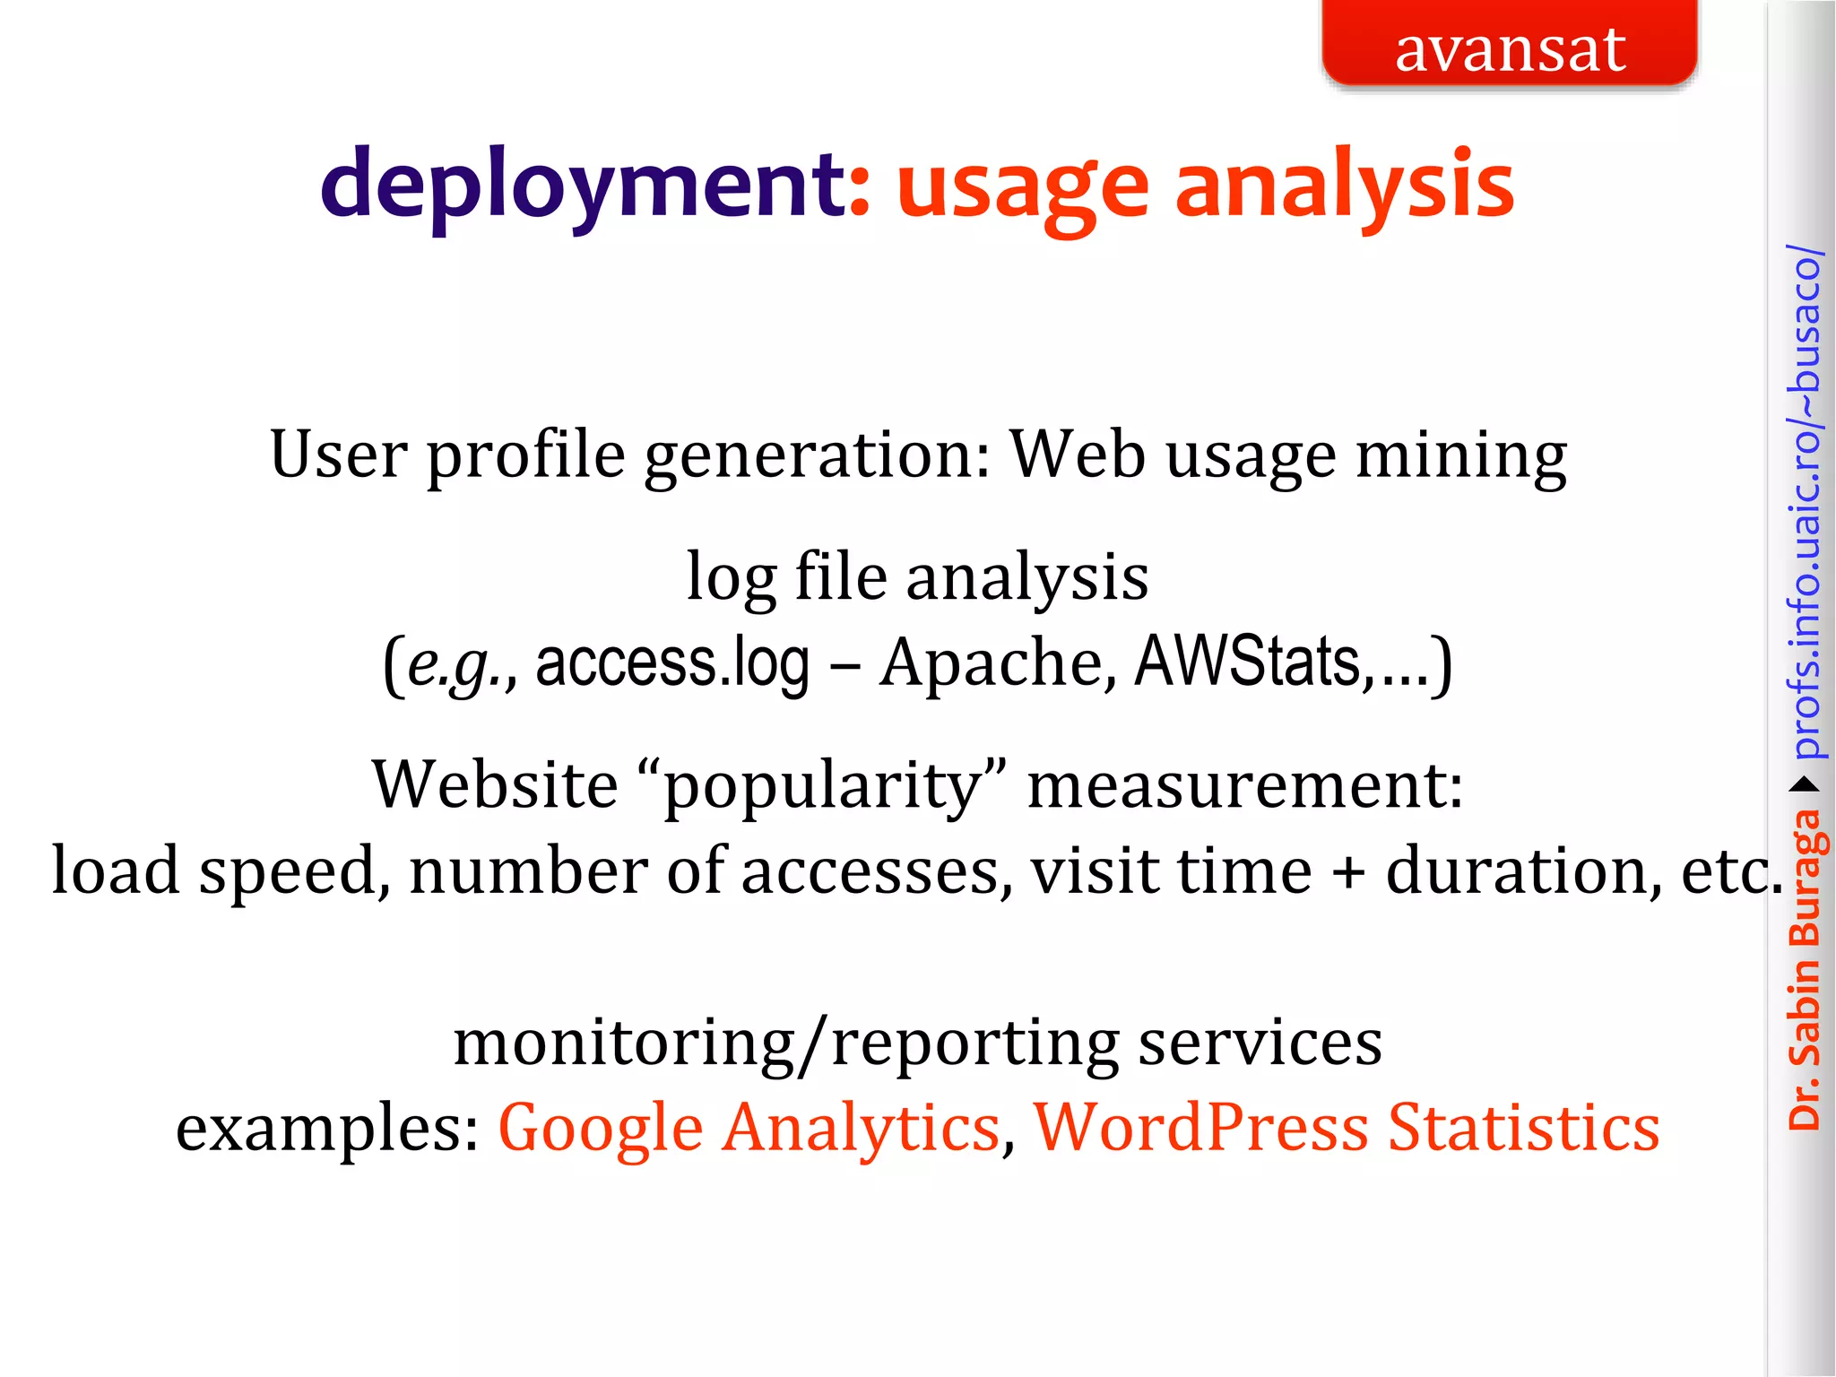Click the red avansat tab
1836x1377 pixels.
tap(1510, 45)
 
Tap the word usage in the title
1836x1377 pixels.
tap(1023, 188)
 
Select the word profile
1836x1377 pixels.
tap(525, 455)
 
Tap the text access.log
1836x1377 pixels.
tap(672, 663)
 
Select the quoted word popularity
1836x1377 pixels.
tap(821, 785)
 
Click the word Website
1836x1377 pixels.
tap(495, 784)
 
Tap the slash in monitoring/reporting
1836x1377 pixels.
tap(813, 1044)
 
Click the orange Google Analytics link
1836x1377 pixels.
tap(749, 1127)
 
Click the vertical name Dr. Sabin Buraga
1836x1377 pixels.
tap(1804, 968)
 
